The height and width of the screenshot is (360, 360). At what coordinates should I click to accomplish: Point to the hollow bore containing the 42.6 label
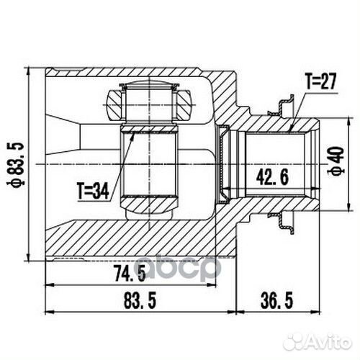click(x=277, y=162)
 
